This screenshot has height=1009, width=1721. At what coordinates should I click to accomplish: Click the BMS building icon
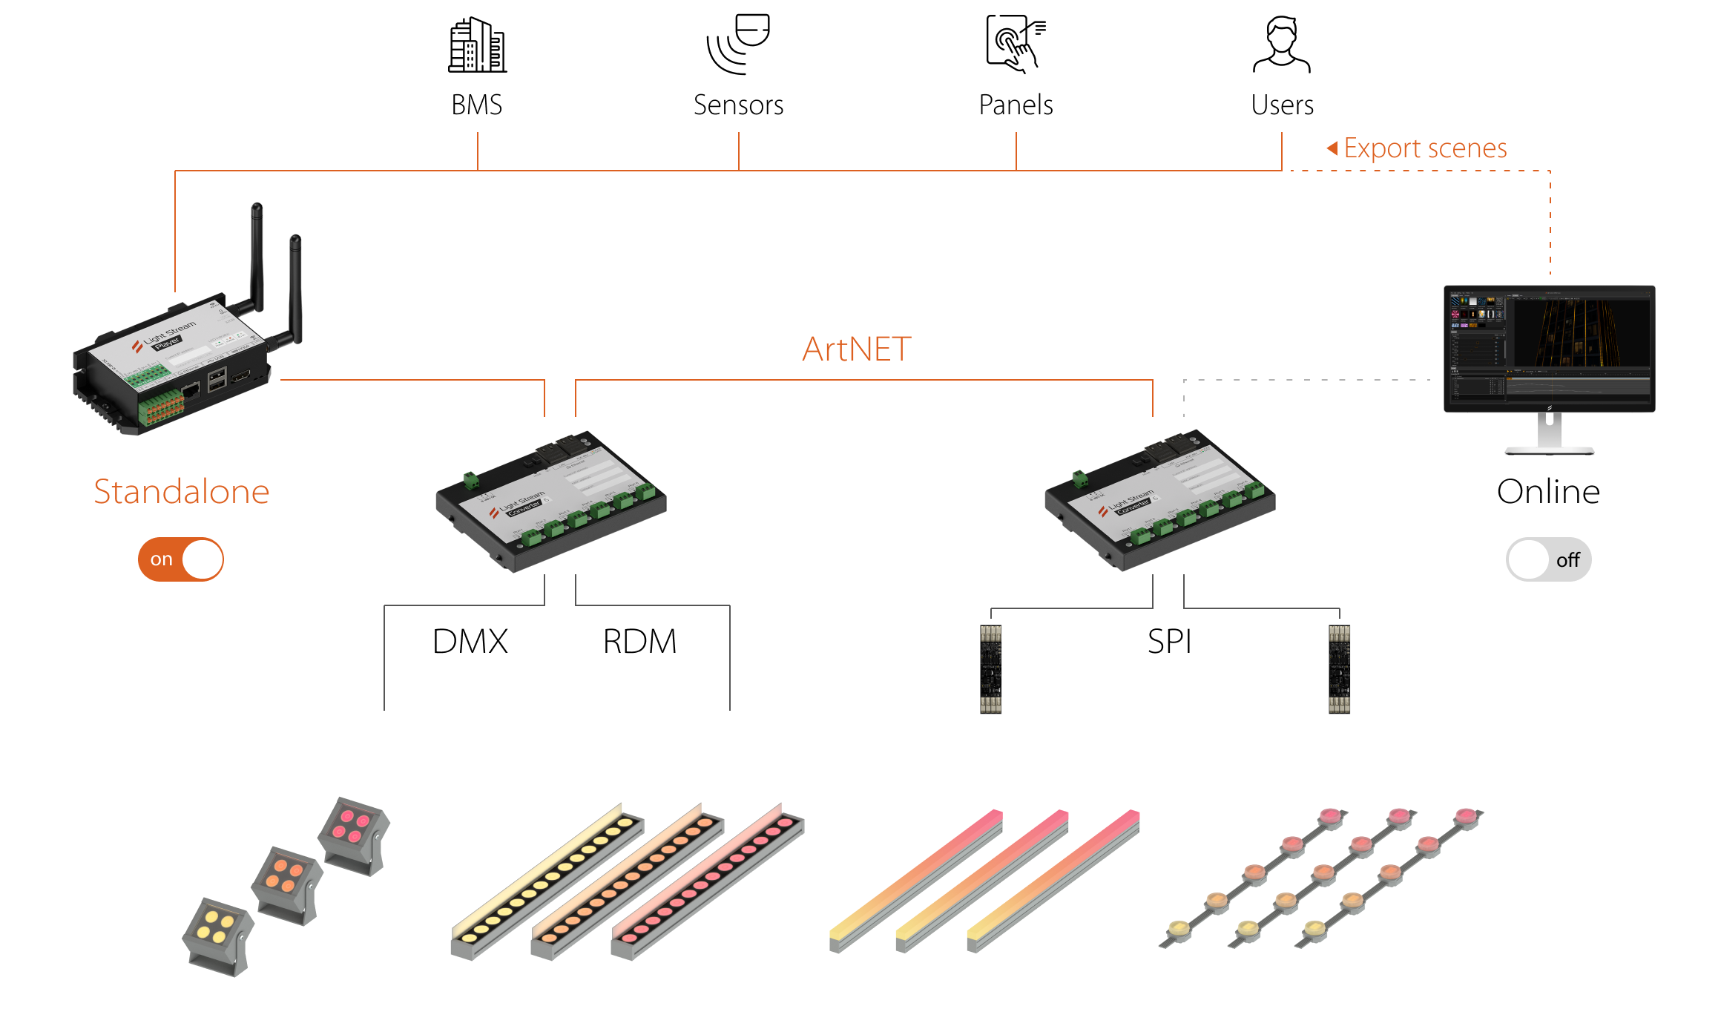[x=477, y=45]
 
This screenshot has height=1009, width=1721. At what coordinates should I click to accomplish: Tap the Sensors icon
[x=739, y=45]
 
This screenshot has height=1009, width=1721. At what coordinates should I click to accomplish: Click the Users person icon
[x=1281, y=45]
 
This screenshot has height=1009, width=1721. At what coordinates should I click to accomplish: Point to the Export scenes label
[x=1424, y=148]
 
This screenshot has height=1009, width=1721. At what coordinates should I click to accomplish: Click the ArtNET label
[x=857, y=349]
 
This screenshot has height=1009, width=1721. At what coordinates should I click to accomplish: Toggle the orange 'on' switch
[x=180, y=559]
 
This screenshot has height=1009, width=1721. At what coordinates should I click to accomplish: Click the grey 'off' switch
[x=1548, y=559]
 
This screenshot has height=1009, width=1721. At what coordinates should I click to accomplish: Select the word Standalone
[x=182, y=491]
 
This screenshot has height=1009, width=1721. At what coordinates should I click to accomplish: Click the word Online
[x=1548, y=491]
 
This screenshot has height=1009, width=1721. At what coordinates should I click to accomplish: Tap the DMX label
[x=470, y=641]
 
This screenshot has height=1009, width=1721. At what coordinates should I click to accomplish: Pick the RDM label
[x=639, y=641]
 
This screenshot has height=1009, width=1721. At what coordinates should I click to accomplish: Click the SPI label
[x=1169, y=641]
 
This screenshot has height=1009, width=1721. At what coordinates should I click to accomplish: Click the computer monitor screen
[x=1549, y=346]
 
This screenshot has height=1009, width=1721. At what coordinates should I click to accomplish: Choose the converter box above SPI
[x=1159, y=499]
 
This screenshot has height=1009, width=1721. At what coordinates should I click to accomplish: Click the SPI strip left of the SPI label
[x=990, y=668]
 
